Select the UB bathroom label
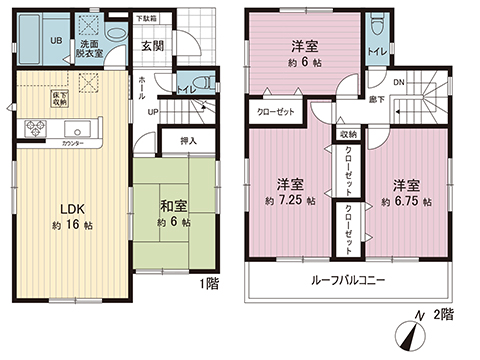click(x=56, y=41)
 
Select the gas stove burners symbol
click(x=35, y=127)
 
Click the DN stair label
click(x=398, y=84)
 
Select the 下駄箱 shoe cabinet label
click(x=147, y=19)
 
